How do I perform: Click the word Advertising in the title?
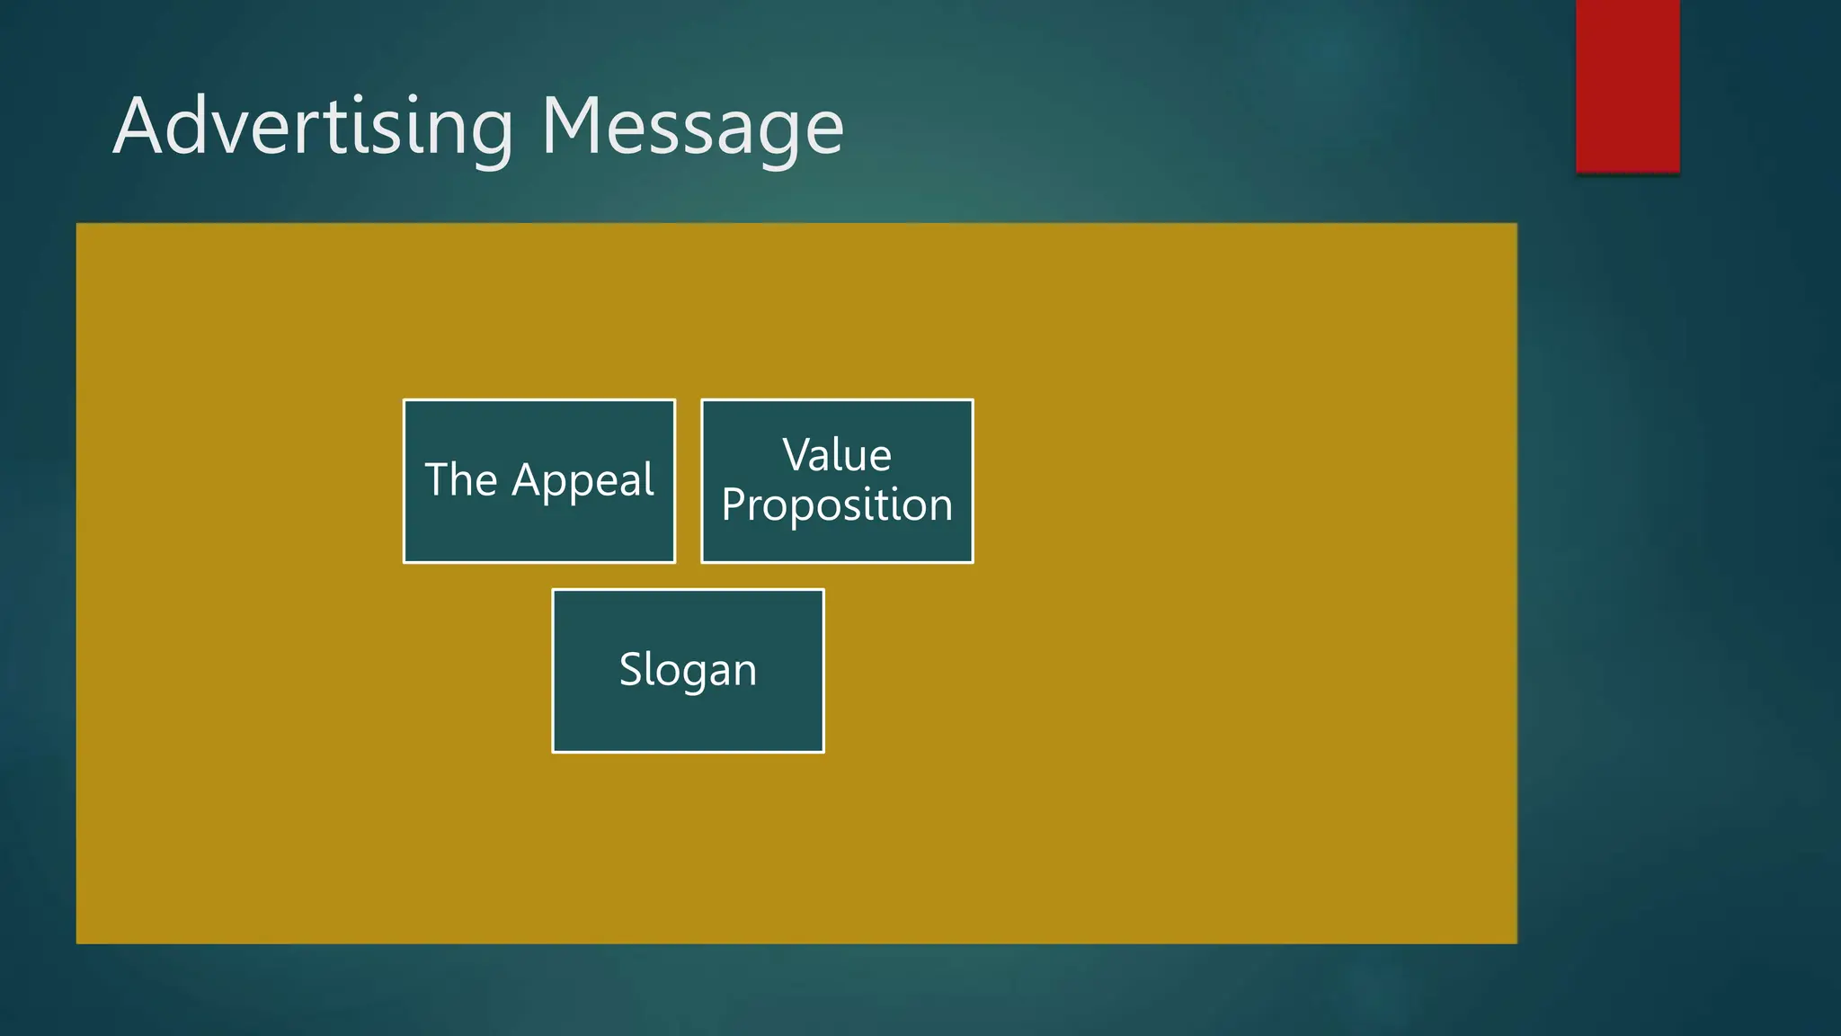314,127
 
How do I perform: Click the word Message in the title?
692,127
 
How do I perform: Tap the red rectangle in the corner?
1627,85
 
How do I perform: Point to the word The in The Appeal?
461,479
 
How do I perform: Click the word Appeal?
583,481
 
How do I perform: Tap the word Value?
837,455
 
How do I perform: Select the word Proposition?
837,505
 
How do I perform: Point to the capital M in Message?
576,127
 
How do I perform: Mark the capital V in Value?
797,455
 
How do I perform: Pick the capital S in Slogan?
632,670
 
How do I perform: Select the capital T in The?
440,479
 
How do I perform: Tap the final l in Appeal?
650,478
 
